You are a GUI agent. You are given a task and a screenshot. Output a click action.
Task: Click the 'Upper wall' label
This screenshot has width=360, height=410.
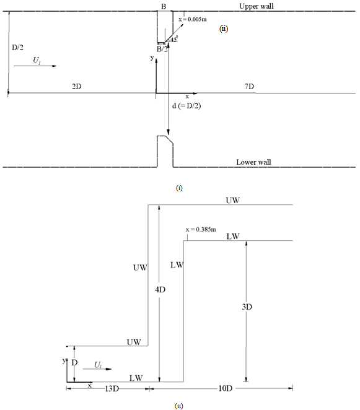click(x=257, y=6)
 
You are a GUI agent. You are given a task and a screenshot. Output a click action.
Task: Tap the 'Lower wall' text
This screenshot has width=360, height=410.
click(x=253, y=162)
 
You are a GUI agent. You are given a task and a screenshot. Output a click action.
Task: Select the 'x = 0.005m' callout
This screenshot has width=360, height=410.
click(x=193, y=19)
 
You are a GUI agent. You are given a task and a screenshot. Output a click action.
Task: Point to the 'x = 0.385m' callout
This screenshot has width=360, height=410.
click(x=201, y=230)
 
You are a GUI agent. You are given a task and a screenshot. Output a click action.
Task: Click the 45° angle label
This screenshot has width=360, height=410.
click(x=174, y=39)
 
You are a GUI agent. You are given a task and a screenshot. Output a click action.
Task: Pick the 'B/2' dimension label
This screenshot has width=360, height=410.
click(x=162, y=49)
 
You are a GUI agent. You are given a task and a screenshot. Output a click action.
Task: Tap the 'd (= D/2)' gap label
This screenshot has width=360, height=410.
click(x=187, y=106)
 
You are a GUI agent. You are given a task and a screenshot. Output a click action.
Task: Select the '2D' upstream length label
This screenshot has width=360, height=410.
click(x=77, y=86)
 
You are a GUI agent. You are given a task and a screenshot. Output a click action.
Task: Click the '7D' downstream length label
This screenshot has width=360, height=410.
click(x=249, y=86)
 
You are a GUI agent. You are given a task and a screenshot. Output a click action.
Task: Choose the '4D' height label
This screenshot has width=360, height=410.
click(x=160, y=290)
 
